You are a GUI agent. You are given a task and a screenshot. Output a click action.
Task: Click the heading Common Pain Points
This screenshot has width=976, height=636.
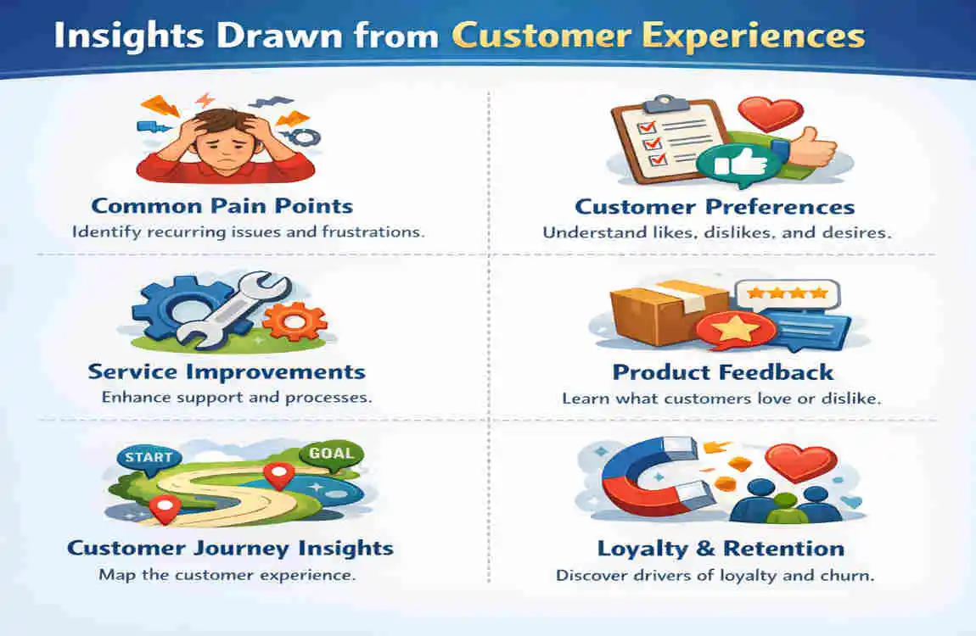(x=222, y=206)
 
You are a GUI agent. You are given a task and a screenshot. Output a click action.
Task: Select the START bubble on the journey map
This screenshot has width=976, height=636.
(x=149, y=459)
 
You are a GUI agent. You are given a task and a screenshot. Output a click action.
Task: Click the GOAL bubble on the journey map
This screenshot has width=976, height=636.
(x=331, y=453)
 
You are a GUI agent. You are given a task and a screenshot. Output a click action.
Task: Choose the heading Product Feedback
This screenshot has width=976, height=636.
(x=722, y=371)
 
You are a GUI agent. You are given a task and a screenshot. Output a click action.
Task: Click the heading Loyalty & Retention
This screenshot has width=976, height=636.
(x=721, y=549)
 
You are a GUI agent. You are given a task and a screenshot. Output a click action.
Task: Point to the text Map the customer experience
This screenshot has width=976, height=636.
(x=227, y=575)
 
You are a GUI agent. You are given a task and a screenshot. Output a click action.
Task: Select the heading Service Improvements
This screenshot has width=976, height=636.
(x=227, y=371)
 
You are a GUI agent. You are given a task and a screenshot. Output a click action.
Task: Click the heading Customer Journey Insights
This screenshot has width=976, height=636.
(x=230, y=548)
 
